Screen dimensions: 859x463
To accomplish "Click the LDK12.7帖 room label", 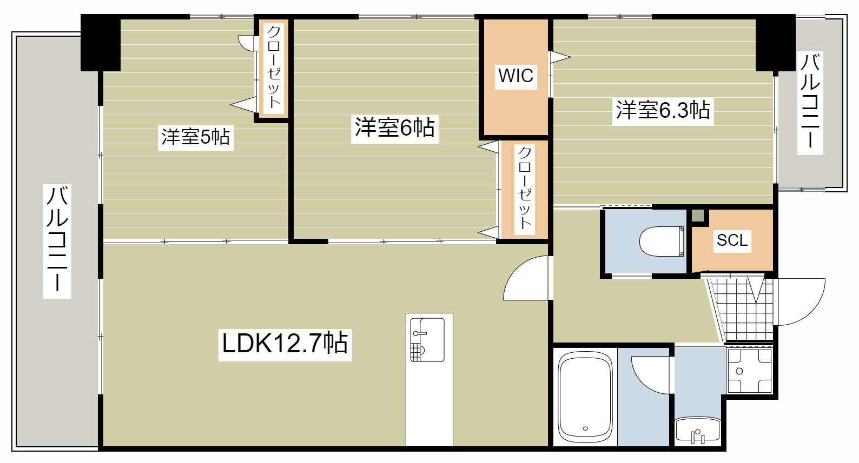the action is point(285,343).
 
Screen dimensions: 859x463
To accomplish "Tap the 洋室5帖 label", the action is point(196,137).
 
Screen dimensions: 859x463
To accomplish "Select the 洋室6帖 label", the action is point(394,128).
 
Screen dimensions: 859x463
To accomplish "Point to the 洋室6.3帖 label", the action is point(663,110).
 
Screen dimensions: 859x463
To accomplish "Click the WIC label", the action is point(516,76).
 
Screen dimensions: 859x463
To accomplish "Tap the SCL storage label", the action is point(732,240).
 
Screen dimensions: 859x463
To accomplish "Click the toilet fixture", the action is point(662,241).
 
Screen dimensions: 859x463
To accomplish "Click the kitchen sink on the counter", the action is point(427,340).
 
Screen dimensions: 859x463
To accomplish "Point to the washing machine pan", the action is point(749,371).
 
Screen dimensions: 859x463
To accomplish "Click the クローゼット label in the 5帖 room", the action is point(273,67).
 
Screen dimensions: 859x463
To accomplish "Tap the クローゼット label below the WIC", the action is point(524,188).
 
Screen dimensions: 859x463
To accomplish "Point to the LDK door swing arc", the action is point(515,274).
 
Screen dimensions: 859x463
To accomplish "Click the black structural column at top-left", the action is point(101,43).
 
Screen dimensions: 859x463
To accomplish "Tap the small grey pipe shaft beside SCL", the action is point(698,216).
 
